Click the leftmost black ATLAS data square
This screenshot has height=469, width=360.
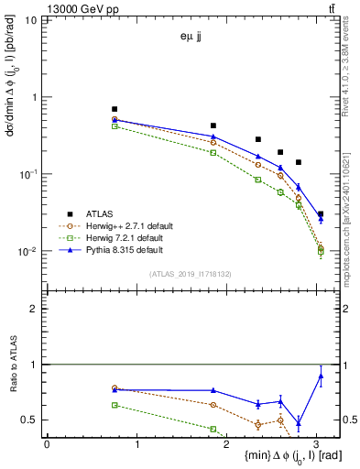[115, 109]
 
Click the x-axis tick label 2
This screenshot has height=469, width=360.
[227, 444]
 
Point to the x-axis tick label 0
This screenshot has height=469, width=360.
[47, 444]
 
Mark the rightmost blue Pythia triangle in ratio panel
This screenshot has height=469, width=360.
[320, 375]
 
